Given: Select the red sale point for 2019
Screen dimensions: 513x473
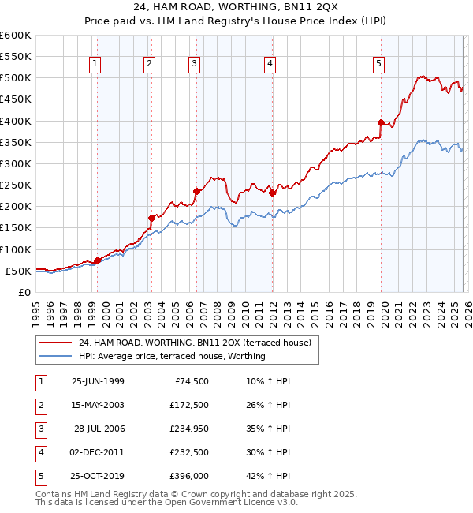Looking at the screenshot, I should [x=381, y=123].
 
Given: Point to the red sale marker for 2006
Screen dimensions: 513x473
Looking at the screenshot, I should [x=196, y=191].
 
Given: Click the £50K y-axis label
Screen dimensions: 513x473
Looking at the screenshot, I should [x=19, y=271].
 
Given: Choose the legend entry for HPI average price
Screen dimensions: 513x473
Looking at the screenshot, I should [x=172, y=356].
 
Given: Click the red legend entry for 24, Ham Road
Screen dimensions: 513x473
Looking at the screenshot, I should [x=195, y=343].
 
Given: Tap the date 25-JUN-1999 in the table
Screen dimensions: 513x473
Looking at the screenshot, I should [x=98, y=381].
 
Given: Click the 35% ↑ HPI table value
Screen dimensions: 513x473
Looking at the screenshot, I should [x=268, y=429].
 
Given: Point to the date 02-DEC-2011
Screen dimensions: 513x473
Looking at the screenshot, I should [x=98, y=452].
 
